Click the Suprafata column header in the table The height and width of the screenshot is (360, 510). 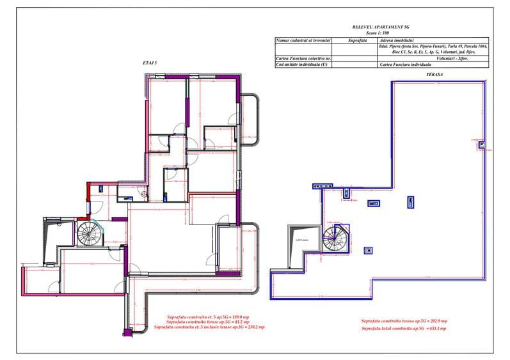[358, 40]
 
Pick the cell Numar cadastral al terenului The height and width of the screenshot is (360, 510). [303, 40]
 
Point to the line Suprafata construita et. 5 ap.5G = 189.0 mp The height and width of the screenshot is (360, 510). [208, 317]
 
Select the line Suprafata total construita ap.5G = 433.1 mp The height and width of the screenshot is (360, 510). [404, 328]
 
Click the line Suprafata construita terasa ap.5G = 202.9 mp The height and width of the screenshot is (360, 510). [404, 320]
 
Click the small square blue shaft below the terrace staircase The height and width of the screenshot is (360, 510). [368, 250]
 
